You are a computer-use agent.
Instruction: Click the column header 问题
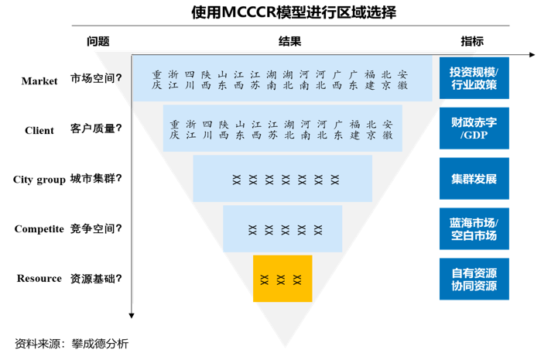tap(98, 42)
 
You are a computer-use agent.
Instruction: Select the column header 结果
tap(289, 42)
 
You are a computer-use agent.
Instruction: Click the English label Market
tap(39, 81)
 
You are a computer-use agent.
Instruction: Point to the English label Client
tap(39, 130)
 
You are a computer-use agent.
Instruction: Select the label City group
tap(39, 180)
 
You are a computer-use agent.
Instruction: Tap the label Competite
tap(39, 229)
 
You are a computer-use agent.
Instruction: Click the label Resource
tap(39, 279)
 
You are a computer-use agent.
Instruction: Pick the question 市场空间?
tap(97, 78)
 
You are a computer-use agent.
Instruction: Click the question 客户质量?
tap(97, 129)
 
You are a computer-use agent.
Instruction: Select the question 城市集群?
tap(97, 179)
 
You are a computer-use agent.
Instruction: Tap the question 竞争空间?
tap(97, 228)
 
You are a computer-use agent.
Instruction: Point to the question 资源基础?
tap(97, 279)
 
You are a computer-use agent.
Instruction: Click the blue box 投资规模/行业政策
tap(474, 78)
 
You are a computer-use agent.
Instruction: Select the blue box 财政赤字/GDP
tap(474, 129)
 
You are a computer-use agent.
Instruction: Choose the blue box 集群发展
tap(474, 179)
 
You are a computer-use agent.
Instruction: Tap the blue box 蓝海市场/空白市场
tap(474, 229)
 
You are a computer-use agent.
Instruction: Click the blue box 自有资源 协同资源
tap(474, 279)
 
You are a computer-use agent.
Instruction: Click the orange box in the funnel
tap(282, 279)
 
